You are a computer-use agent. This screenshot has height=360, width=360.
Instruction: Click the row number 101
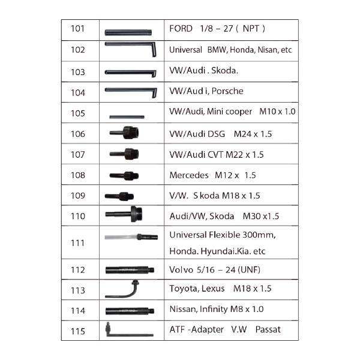click(77, 29)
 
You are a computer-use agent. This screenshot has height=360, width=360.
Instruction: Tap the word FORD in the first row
click(181, 29)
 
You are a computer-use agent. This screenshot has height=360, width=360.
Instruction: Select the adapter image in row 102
click(130, 49)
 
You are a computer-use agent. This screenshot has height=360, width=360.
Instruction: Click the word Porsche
click(227, 91)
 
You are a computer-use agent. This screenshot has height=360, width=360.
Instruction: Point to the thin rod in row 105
click(127, 117)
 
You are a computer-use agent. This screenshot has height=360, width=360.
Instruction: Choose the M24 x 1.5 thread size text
click(253, 134)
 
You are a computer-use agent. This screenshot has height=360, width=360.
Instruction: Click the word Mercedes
click(189, 175)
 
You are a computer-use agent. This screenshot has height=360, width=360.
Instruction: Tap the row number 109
click(78, 196)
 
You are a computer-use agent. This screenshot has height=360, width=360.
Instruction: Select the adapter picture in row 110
click(124, 214)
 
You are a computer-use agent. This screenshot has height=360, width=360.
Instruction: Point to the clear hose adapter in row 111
click(131, 237)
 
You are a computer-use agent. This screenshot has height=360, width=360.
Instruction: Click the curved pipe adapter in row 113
click(122, 289)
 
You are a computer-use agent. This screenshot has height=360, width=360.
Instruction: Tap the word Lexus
click(213, 289)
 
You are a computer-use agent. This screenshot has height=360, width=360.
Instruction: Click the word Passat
click(268, 329)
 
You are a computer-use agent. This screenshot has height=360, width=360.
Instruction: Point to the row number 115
click(78, 331)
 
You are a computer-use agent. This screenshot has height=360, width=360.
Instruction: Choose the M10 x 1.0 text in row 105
click(277, 112)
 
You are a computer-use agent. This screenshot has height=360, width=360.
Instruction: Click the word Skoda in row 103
click(224, 70)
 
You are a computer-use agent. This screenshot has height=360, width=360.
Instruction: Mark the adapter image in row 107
click(124, 154)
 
